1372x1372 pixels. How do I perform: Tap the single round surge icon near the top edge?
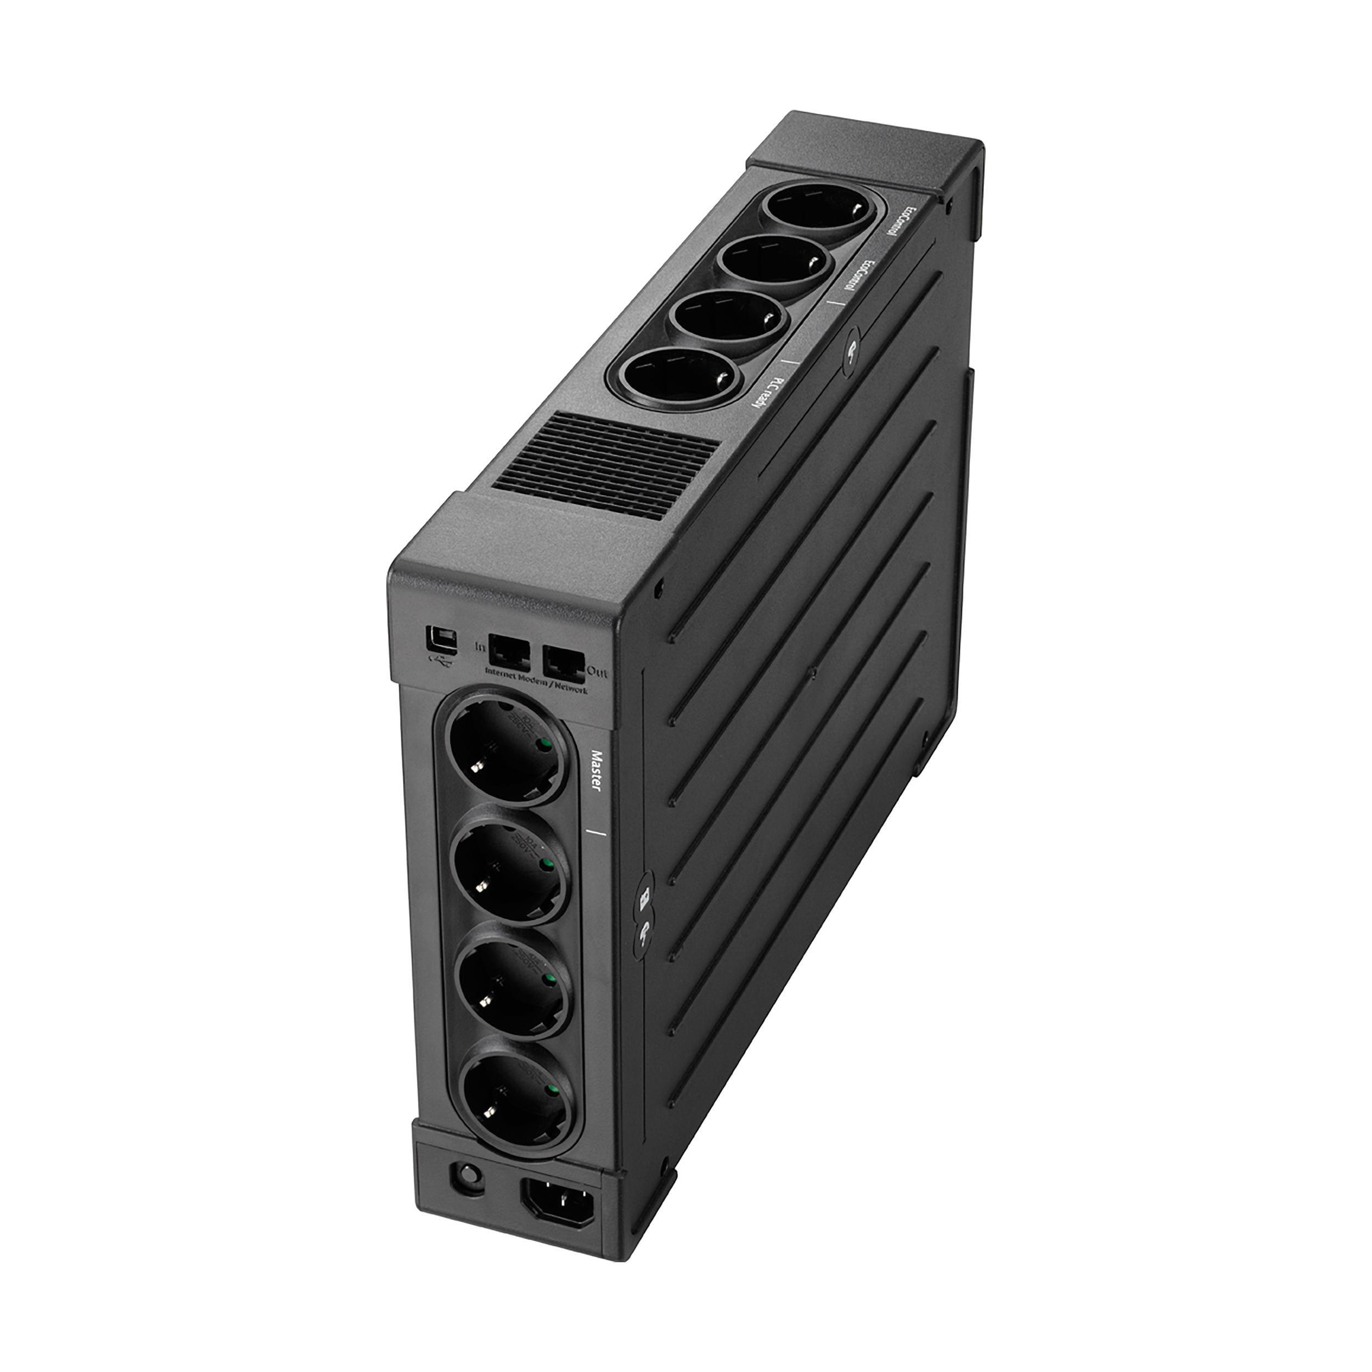[851, 350]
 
